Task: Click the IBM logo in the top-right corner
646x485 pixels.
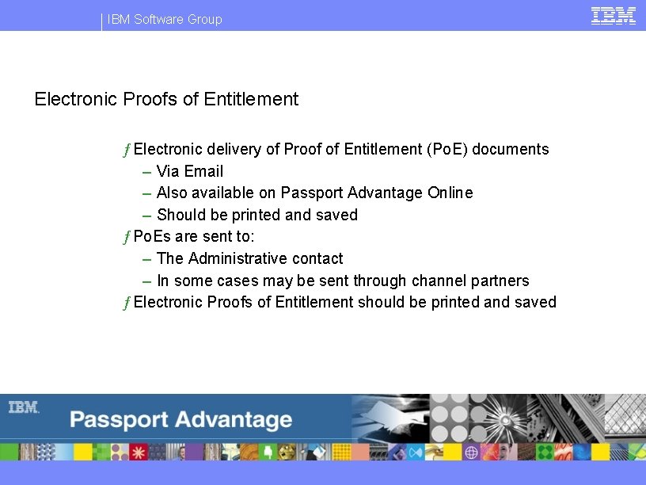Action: coord(614,15)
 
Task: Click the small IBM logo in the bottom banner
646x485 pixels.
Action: coord(24,407)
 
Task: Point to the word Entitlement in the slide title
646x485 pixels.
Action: coord(251,99)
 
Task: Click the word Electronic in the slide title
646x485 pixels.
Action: coord(77,99)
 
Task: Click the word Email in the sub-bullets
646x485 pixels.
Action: coord(204,171)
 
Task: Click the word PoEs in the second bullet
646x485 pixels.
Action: coord(151,236)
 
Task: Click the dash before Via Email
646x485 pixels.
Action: coord(148,172)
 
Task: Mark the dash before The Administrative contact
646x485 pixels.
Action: coord(148,259)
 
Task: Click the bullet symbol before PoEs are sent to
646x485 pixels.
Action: coord(126,237)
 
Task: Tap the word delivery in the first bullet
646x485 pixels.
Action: coord(234,149)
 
